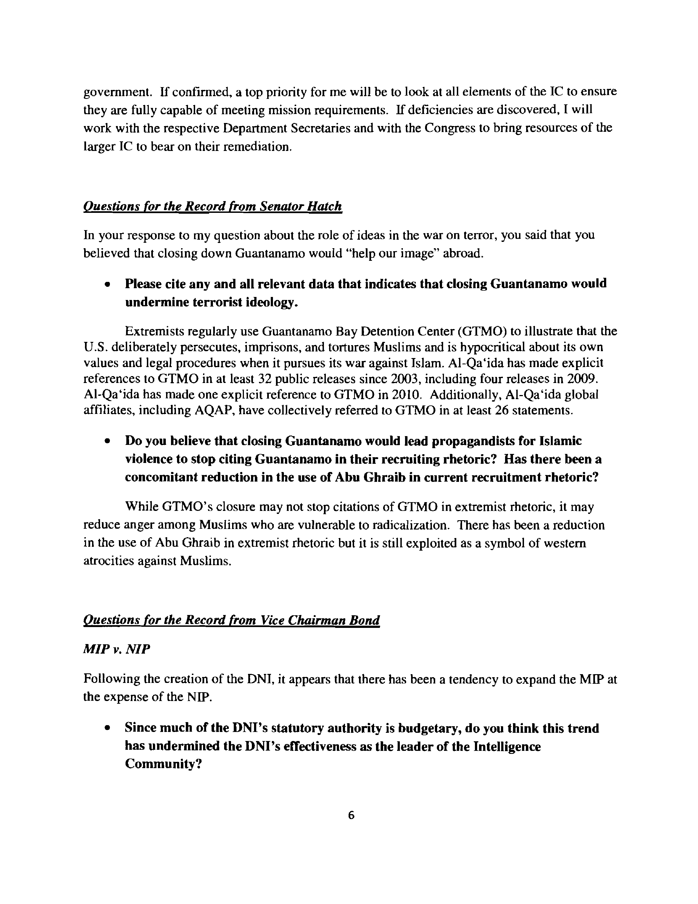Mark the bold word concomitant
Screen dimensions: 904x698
[161, 477]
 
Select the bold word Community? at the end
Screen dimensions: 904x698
[163, 764]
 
